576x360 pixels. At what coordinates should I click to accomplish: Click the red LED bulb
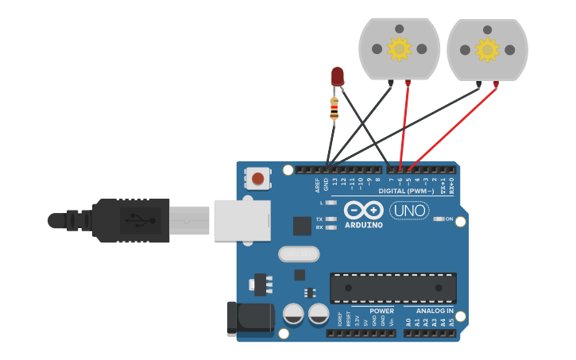(337, 76)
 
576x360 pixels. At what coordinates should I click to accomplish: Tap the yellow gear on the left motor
(399, 49)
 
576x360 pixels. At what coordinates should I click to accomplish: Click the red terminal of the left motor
(408, 82)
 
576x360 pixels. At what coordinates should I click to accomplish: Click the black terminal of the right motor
(479, 83)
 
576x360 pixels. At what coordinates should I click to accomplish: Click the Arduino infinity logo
(364, 211)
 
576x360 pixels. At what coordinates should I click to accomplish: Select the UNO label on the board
(409, 211)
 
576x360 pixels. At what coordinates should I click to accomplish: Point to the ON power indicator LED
(439, 219)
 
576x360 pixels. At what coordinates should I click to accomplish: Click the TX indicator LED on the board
(331, 219)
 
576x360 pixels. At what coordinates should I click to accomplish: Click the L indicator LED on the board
(331, 203)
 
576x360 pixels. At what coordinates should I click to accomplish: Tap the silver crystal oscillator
(299, 254)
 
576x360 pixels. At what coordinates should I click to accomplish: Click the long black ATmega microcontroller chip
(393, 288)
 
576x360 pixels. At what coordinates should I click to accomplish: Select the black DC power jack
(248, 319)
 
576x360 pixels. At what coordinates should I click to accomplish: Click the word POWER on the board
(381, 311)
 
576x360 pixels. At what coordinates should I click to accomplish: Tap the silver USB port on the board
(242, 219)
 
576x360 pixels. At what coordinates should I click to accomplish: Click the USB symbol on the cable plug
(140, 219)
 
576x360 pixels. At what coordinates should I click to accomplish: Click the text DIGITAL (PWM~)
(406, 191)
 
